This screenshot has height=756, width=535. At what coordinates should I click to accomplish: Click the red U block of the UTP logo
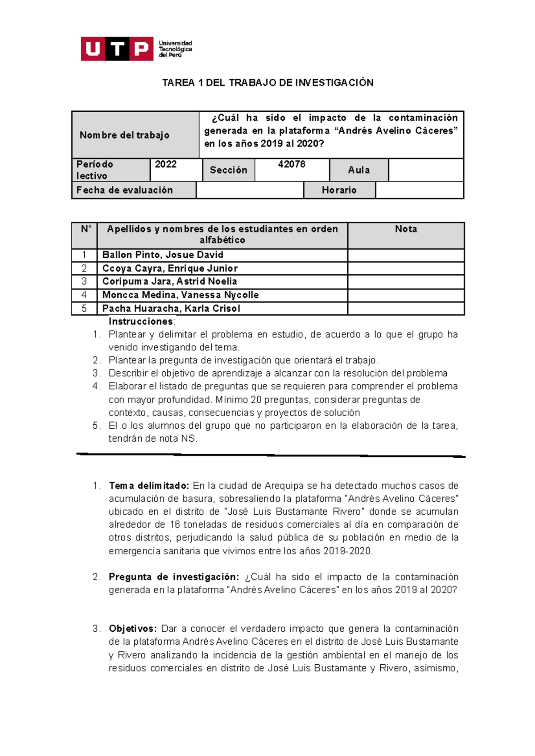click(x=92, y=49)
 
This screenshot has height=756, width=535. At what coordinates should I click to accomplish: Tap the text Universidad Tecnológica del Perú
click(x=175, y=49)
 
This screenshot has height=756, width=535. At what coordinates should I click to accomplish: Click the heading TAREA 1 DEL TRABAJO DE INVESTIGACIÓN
click(x=267, y=83)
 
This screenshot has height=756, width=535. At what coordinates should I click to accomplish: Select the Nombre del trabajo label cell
click(x=124, y=135)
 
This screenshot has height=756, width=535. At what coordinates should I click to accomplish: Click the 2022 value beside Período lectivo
click(x=166, y=164)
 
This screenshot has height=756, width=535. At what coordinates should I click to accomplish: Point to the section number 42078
click(x=292, y=164)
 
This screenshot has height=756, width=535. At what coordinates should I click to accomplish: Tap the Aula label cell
click(x=359, y=170)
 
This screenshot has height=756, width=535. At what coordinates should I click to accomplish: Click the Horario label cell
click(x=339, y=190)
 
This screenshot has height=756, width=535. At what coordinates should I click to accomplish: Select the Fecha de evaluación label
click(x=124, y=190)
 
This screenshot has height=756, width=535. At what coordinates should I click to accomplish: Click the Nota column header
click(x=406, y=229)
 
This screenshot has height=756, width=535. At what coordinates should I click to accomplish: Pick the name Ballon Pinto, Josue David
click(x=163, y=255)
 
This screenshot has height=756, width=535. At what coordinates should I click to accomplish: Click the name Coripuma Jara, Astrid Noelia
click(x=169, y=281)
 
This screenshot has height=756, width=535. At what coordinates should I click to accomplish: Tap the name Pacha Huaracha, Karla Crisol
click(x=171, y=309)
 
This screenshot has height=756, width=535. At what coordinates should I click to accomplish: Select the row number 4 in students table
click(x=84, y=295)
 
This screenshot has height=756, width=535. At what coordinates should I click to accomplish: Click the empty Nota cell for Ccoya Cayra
click(x=406, y=268)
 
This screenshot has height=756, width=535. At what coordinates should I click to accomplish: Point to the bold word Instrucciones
click(x=141, y=321)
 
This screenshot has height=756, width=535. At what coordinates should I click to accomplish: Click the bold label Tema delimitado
click(x=149, y=486)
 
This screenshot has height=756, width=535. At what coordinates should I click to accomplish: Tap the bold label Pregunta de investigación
click(x=174, y=577)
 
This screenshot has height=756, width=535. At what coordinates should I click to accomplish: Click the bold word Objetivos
click(x=132, y=629)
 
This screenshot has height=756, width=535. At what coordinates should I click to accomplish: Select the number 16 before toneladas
click(x=175, y=525)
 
